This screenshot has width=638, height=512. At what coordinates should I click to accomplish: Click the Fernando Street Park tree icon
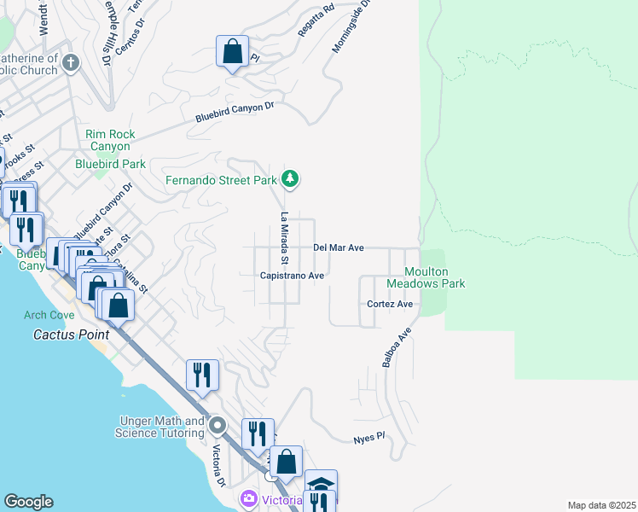[292, 178]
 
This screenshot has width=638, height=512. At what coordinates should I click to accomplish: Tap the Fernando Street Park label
[221, 180]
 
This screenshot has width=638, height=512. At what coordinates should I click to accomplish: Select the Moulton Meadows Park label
[426, 277]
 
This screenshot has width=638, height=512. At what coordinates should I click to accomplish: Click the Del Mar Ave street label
[339, 247]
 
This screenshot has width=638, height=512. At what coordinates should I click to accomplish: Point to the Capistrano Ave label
[293, 276]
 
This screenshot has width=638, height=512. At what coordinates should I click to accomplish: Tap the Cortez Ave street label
[390, 304]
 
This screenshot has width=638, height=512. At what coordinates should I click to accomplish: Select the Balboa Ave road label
[397, 346]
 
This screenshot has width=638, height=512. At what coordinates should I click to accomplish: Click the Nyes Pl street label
[370, 437]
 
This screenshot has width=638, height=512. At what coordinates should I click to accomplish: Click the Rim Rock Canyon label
[107, 140]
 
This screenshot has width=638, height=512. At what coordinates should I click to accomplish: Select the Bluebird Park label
[110, 163]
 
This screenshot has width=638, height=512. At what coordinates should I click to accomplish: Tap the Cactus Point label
[67, 334]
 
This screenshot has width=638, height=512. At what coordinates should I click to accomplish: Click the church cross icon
[71, 62]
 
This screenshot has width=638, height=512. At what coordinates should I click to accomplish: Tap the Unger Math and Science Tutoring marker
[218, 425]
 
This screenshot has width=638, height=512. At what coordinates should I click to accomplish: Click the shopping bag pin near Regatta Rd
[232, 52]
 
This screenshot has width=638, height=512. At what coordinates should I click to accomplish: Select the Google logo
[28, 502]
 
